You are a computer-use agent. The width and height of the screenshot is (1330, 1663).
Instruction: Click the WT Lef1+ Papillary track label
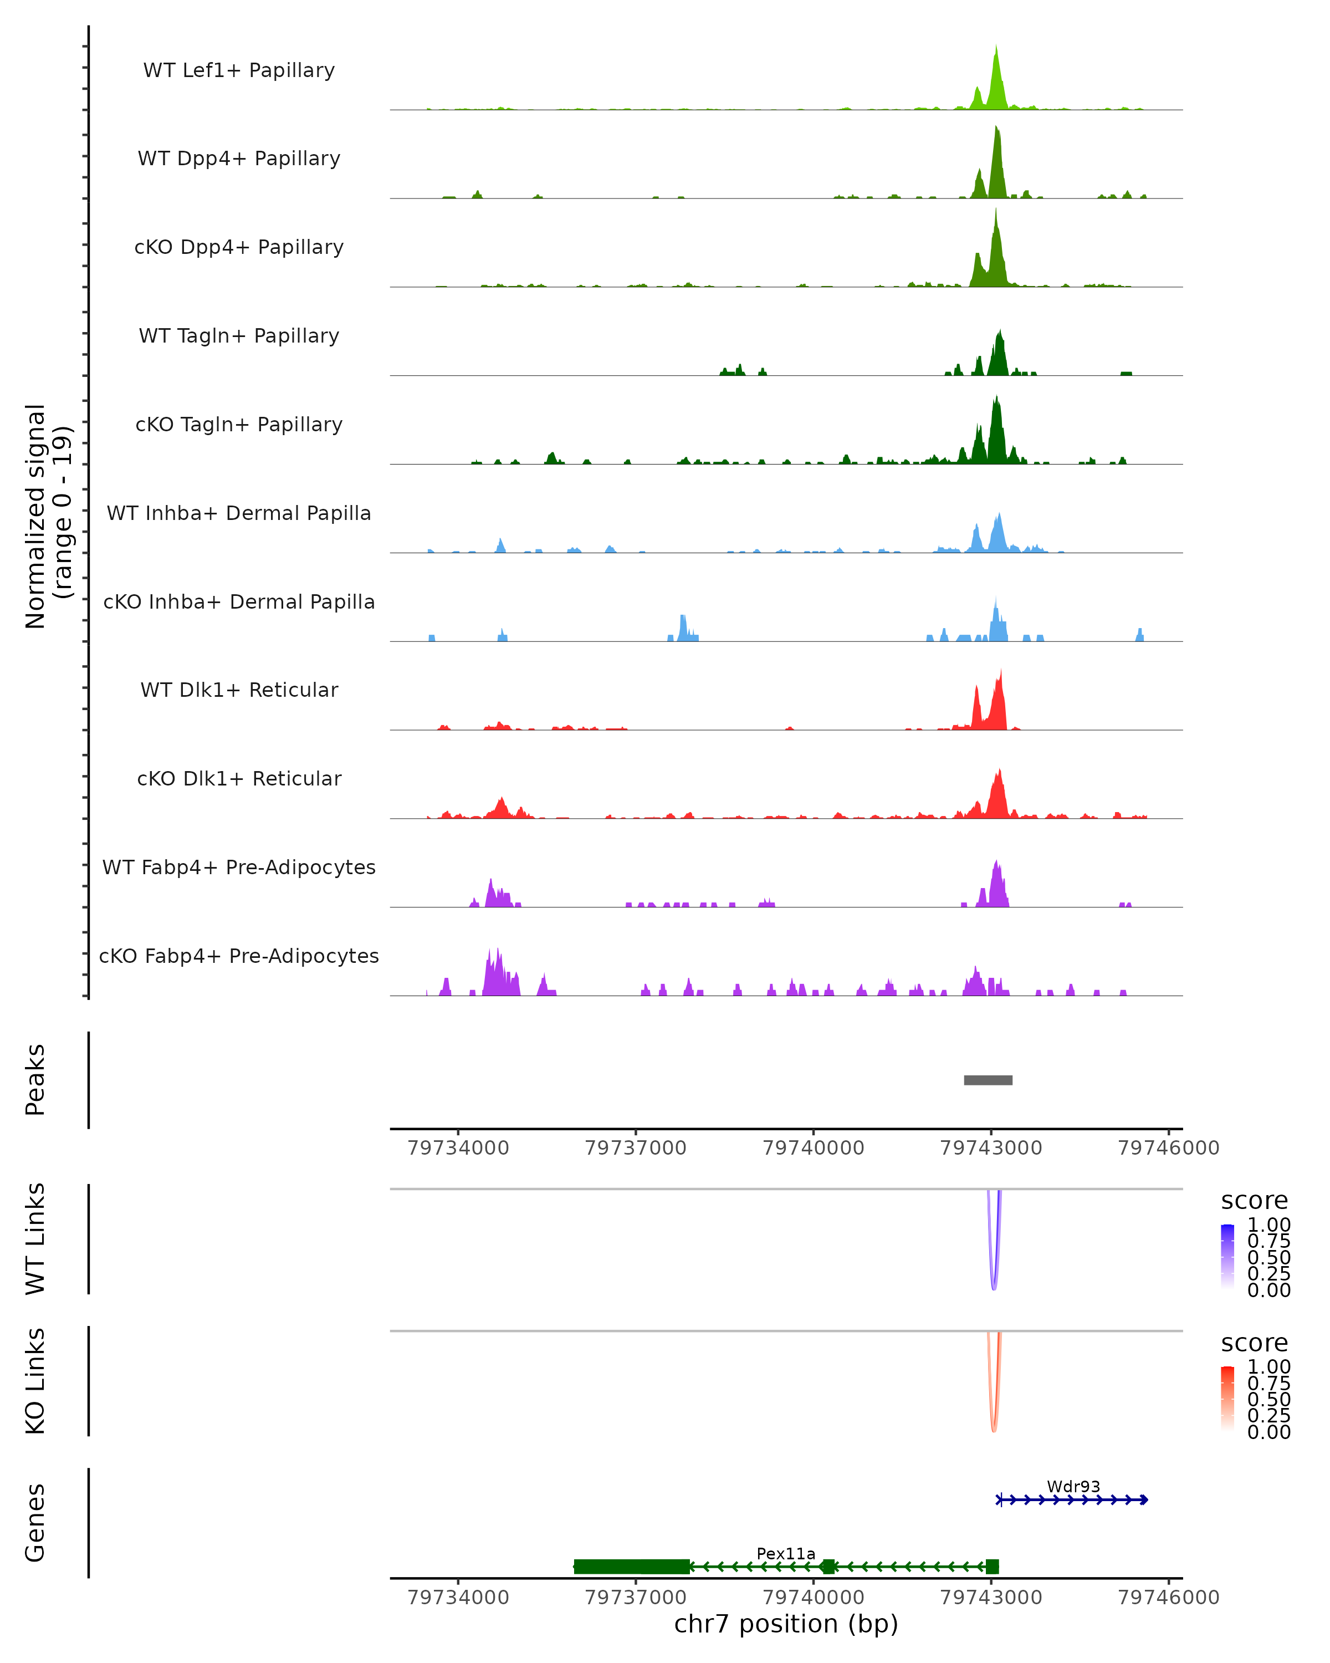[239, 70]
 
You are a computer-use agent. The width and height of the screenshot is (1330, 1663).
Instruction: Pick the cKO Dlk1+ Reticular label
[239, 778]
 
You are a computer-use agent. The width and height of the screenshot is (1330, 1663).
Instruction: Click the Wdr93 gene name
[1073, 1486]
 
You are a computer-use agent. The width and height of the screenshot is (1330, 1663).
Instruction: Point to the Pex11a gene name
[786, 1553]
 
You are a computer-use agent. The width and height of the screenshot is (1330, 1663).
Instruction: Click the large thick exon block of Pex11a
[632, 1567]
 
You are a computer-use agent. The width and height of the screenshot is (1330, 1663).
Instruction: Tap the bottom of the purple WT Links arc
[994, 1288]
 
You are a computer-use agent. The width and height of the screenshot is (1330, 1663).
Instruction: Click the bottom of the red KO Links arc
[994, 1430]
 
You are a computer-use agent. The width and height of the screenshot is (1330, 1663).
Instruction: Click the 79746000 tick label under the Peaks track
[1168, 1148]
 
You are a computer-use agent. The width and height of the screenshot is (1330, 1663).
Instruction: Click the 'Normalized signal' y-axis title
[35, 516]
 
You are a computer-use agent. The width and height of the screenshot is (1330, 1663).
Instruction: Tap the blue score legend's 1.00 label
[1269, 1225]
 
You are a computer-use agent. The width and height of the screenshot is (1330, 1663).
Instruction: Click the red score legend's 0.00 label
[1269, 1432]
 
